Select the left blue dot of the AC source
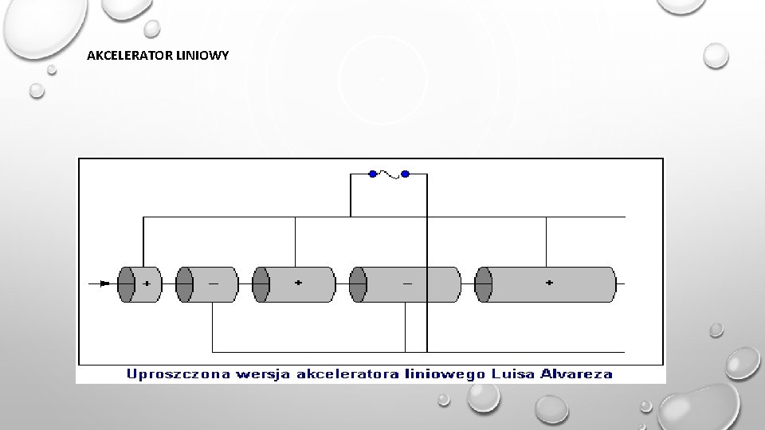click(x=373, y=174)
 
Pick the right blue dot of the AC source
click(x=405, y=174)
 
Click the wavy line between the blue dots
click(x=389, y=174)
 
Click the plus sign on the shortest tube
click(x=147, y=283)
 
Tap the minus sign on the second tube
click(x=214, y=283)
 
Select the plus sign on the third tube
click(x=299, y=283)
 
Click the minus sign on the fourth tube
click(x=408, y=283)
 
